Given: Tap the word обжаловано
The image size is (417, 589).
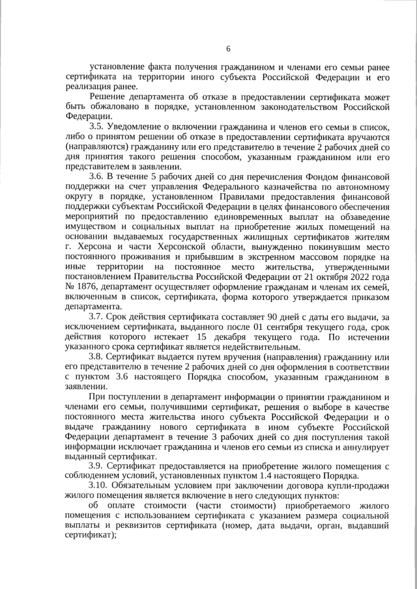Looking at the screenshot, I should pyautogui.click(x=104, y=106).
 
